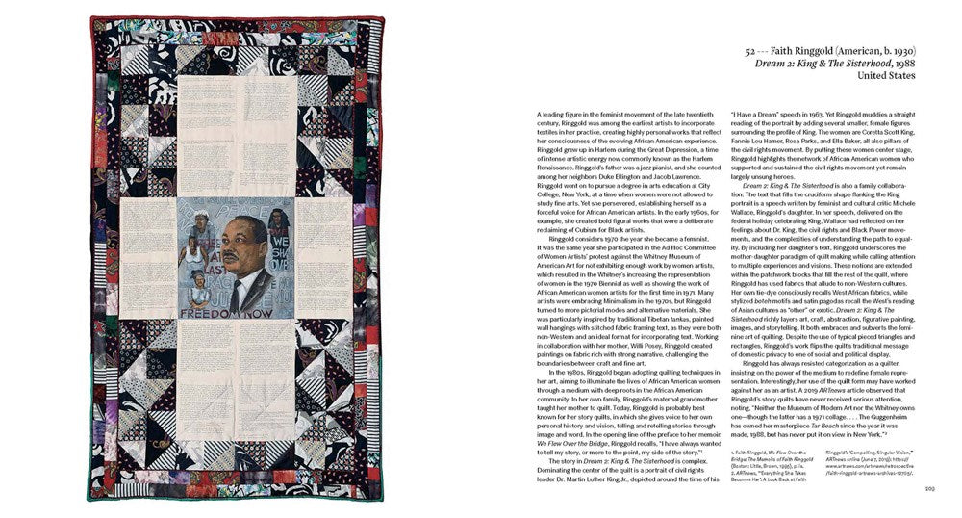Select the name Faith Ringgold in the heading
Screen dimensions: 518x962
(812, 49)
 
